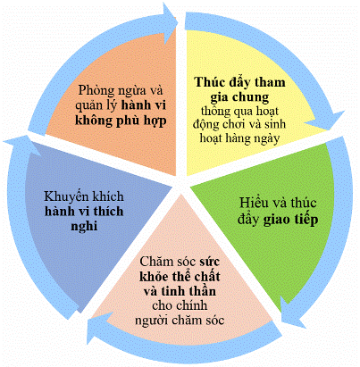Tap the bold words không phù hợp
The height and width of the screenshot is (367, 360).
coord(121,121)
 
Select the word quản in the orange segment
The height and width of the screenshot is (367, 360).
coord(87,106)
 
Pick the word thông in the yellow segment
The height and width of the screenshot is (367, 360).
coord(215,112)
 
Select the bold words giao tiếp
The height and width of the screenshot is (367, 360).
coord(291,220)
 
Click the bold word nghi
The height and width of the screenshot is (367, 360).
coord(84,227)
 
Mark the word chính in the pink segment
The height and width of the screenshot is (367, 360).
coord(190,305)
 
